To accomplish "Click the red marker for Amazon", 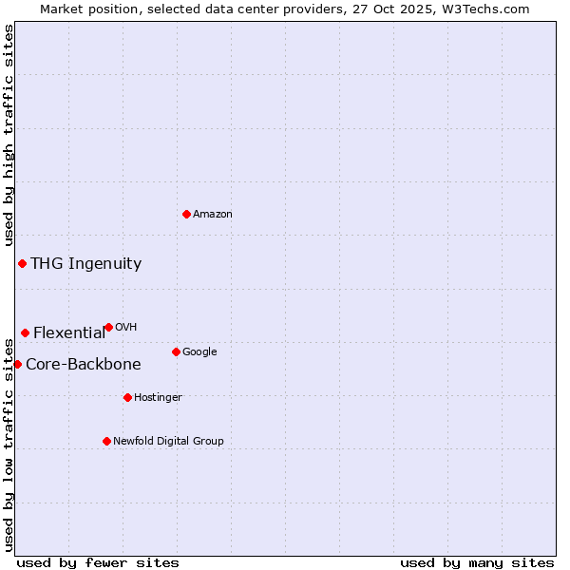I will coord(186,214).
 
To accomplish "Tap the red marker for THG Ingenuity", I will coord(22,263).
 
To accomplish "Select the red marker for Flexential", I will coord(25,332).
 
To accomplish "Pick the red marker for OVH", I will coord(108,327).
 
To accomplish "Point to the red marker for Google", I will coord(176,351).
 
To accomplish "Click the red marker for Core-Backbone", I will coord(17,364).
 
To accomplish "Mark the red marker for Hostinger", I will coord(127,397).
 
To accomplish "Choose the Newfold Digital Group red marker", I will coord(106,441).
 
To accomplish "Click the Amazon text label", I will coord(213,215).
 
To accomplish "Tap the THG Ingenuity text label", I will coord(85,264).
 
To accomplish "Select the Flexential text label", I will coord(69,333).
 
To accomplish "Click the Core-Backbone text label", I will coord(84,365).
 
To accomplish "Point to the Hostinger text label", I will coord(158,398).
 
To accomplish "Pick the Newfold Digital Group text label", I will coord(168,442).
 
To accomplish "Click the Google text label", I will coord(199,352).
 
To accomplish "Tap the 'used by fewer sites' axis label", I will coord(98,562).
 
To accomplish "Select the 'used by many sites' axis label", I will coord(477,562).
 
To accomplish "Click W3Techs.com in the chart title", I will coord(491,9).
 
